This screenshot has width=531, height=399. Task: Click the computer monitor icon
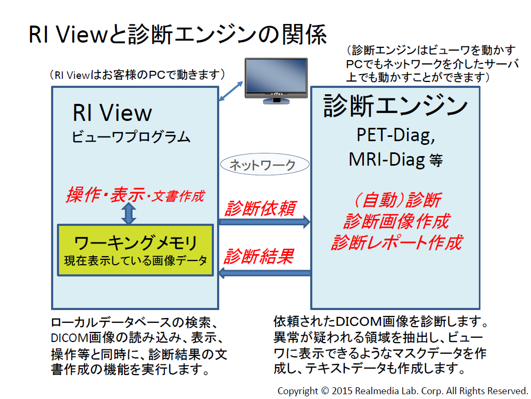276,80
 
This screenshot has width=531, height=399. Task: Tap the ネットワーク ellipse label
264,165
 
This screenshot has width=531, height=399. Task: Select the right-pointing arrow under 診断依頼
264,222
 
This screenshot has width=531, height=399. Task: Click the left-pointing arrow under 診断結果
265,273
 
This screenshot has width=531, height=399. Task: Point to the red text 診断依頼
260,208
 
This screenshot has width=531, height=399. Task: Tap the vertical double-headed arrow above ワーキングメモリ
129,213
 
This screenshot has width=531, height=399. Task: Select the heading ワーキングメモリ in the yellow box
136,242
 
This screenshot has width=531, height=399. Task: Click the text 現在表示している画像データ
136,260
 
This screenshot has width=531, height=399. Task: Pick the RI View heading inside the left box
112,112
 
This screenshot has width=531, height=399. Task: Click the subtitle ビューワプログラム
131,136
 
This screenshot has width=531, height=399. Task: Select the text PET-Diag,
395,135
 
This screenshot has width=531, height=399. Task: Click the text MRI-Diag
387,159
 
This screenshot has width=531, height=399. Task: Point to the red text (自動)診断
397,199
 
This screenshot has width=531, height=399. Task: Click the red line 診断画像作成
397,221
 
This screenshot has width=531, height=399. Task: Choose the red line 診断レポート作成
397,242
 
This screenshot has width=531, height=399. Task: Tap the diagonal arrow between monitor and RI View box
231,91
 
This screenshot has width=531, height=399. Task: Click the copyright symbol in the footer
325,391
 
